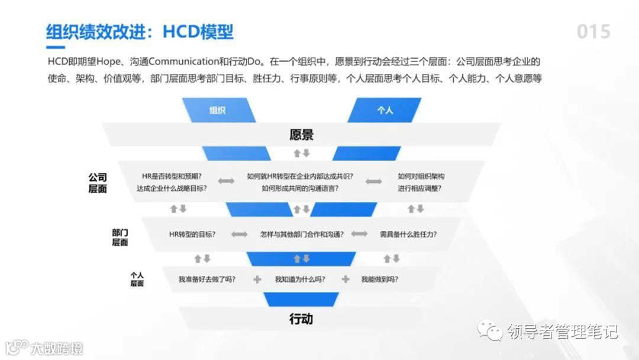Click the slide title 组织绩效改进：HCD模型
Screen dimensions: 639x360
pyautogui.click(x=140, y=32)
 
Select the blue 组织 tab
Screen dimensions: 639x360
pyautogui.click(x=218, y=110)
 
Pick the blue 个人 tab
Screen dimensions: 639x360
pyautogui.click(x=385, y=110)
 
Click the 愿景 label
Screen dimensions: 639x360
pyautogui.click(x=301, y=135)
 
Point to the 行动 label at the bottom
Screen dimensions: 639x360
pyautogui.click(x=301, y=319)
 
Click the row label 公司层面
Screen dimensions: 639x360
pyautogui.click(x=98, y=183)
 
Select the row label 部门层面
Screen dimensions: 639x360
pyautogui.click(x=120, y=237)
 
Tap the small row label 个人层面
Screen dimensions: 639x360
pyautogui.click(x=137, y=279)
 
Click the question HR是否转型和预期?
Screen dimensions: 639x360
pyautogui.click(x=172, y=176)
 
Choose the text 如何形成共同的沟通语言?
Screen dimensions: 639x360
pyautogui.click(x=301, y=189)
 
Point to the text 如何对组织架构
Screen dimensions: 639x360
pyautogui.click(x=421, y=176)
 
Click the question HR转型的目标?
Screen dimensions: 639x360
pyautogui.click(x=192, y=234)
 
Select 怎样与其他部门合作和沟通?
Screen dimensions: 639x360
pyautogui.click(x=302, y=234)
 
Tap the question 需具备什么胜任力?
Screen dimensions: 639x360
pyautogui.click(x=408, y=234)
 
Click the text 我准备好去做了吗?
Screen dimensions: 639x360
pyautogui.click(x=207, y=279)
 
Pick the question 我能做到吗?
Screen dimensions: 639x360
pyautogui.click(x=379, y=279)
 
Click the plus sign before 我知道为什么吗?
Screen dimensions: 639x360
pyautogui.click(x=257, y=279)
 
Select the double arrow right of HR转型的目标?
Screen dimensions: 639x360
pyautogui.click(x=239, y=234)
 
